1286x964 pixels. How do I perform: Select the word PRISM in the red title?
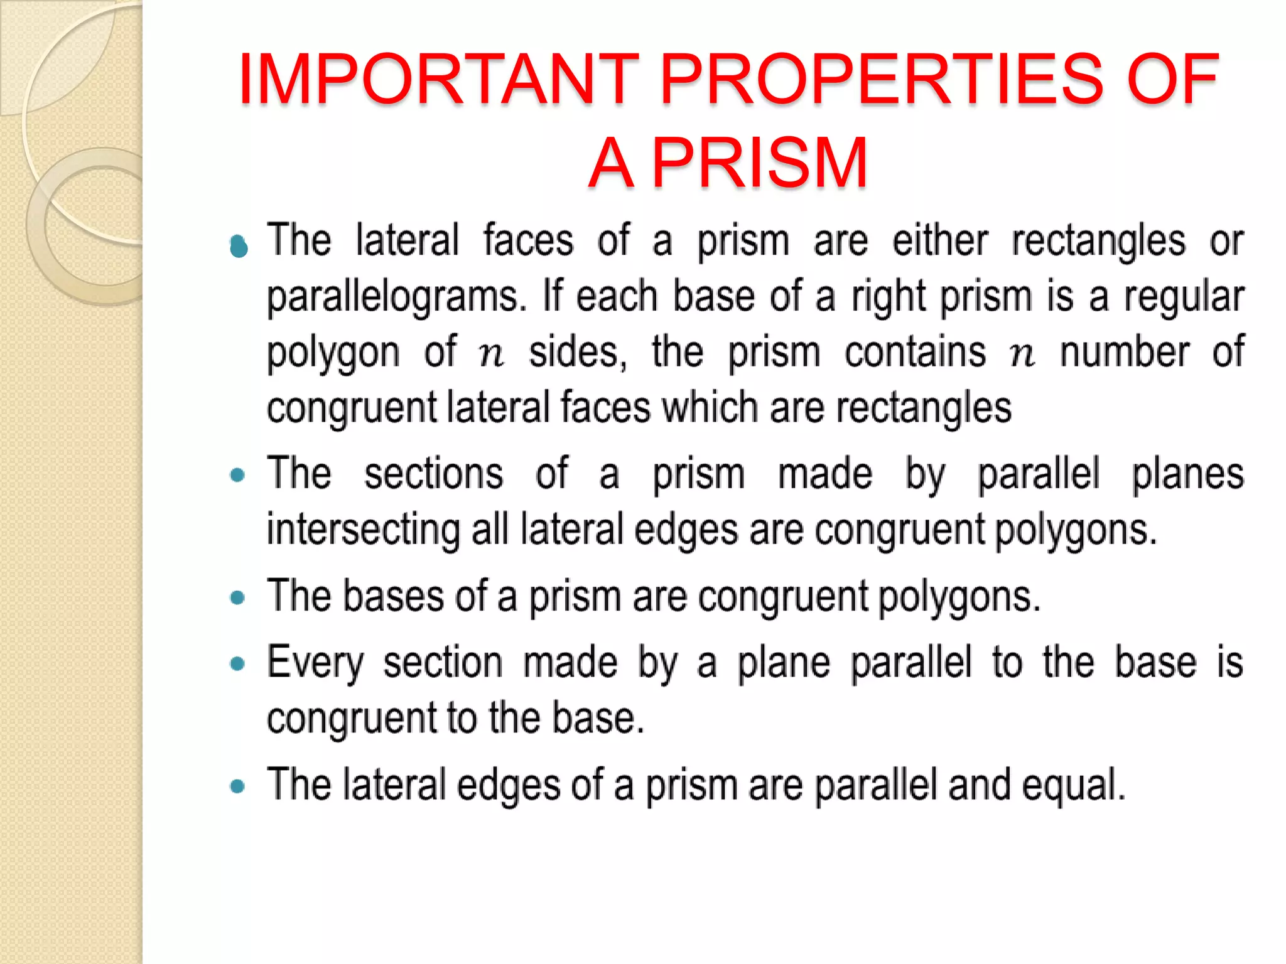pyautogui.click(x=760, y=163)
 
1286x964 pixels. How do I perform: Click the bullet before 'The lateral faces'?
pyautogui.click(x=239, y=247)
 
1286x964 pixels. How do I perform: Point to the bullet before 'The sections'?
pyautogui.click(x=237, y=475)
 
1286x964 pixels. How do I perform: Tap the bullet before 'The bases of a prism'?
pyautogui.click(x=237, y=597)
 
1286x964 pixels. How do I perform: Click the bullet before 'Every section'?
pyautogui.click(x=237, y=664)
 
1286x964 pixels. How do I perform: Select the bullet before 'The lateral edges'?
pyautogui.click(x=237, y=786)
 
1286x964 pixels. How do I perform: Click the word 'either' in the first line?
pyautogui.click(x=940, y=241)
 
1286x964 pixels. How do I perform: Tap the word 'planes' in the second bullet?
pyautogui.click(x=1187, y=474)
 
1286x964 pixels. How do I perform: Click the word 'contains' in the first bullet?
pyautogui.click(x=915, y=353)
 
